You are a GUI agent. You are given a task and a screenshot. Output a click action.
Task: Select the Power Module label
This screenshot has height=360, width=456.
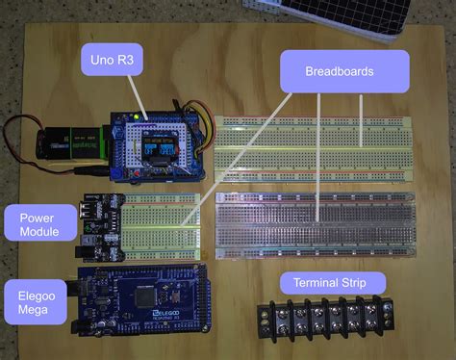coord(39,224)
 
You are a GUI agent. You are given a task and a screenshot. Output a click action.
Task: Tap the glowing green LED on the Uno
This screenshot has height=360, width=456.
coord(140,117)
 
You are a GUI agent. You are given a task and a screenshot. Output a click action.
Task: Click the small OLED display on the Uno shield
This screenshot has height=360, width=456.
coord(158,150)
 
